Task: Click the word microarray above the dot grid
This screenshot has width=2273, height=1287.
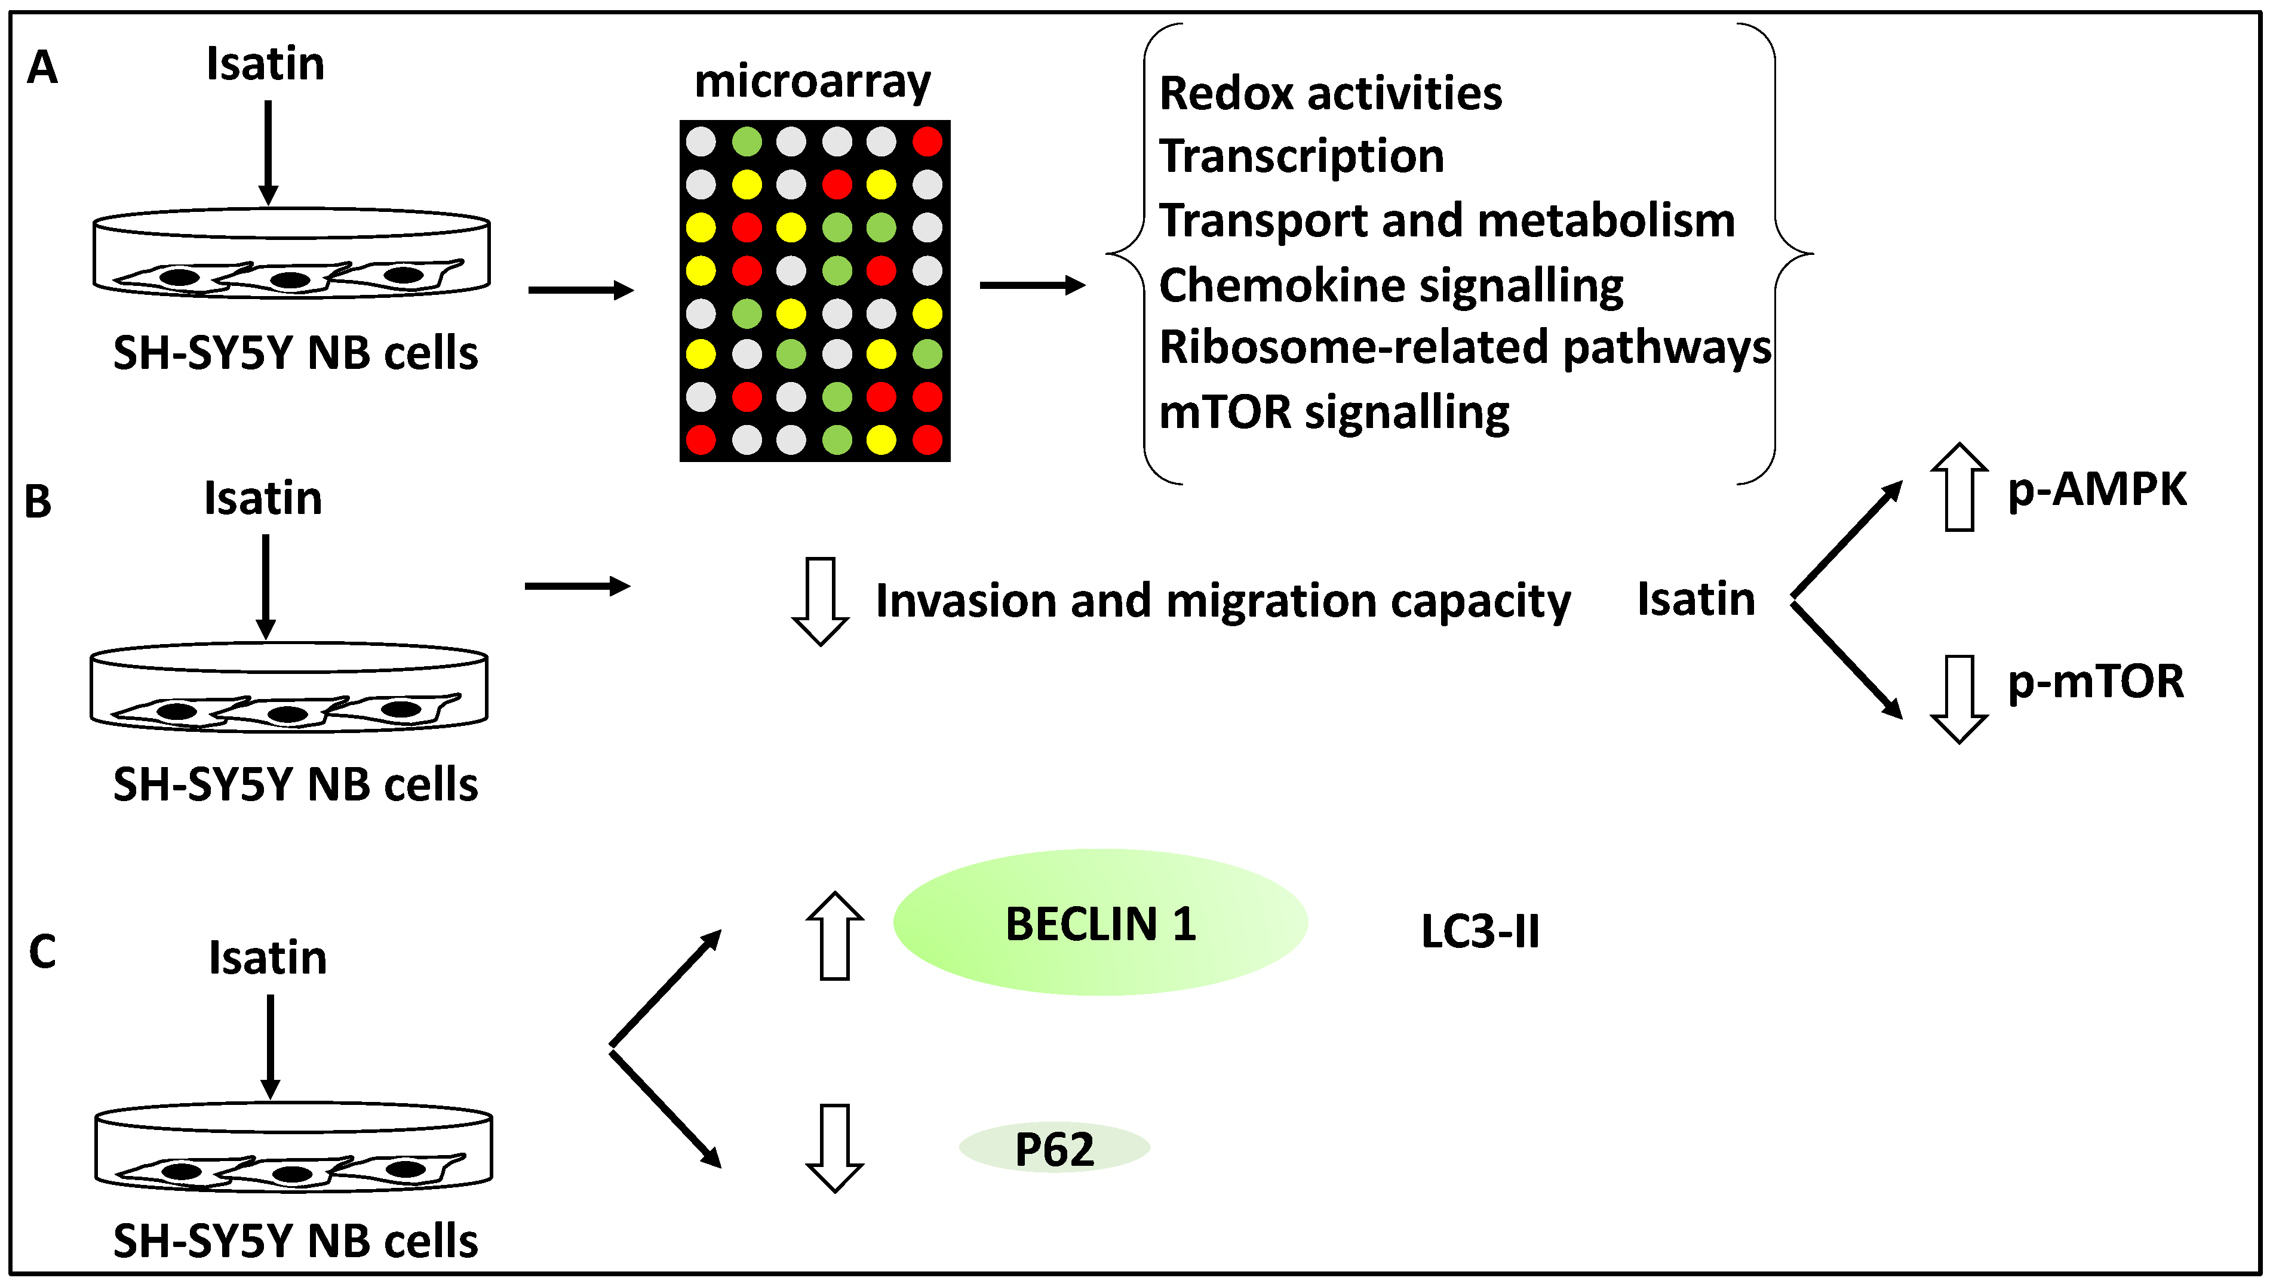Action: point(812,82)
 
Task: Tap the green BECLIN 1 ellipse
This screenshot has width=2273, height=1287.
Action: point(1100,923)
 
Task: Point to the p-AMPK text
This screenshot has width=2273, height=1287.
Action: point(2097,489)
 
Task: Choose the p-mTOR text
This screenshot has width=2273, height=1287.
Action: point(2095,682)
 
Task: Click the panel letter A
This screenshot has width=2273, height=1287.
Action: point(42,68)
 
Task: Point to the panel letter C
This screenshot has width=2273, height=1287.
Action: point(42,952)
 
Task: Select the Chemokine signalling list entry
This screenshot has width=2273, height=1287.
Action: point(1391,285)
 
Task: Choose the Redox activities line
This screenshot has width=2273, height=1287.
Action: point(1329,94)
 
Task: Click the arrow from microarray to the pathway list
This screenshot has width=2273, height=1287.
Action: point(1032,285)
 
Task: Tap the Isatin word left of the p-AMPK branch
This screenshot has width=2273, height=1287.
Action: point(1695,599)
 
